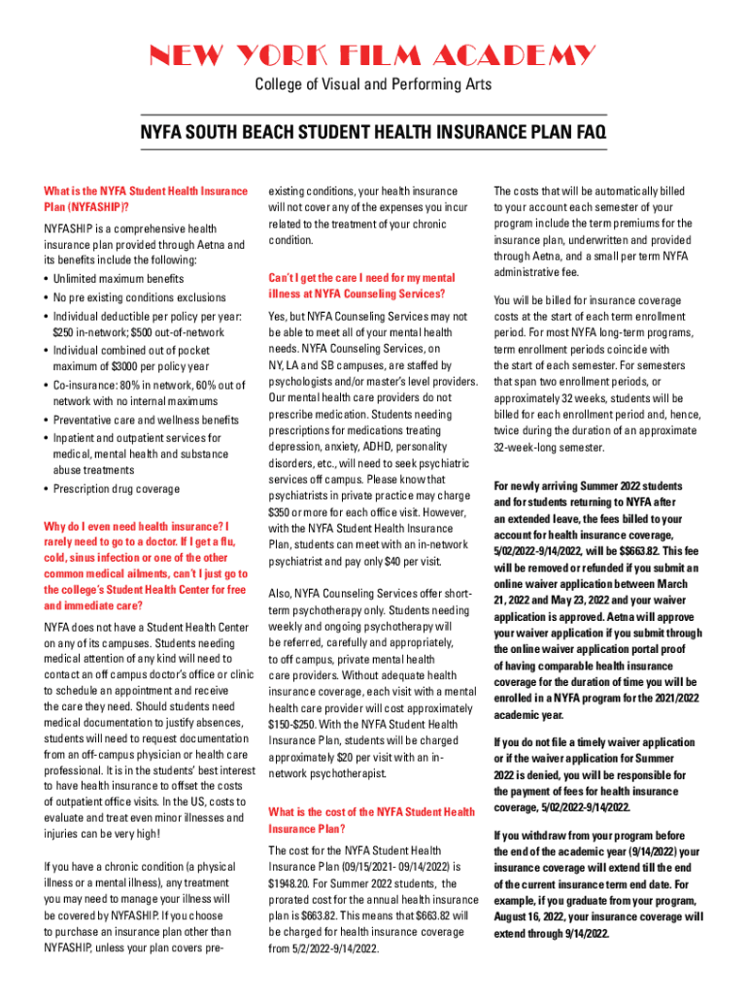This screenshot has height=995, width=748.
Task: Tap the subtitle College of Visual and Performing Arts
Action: pos(373,85)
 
